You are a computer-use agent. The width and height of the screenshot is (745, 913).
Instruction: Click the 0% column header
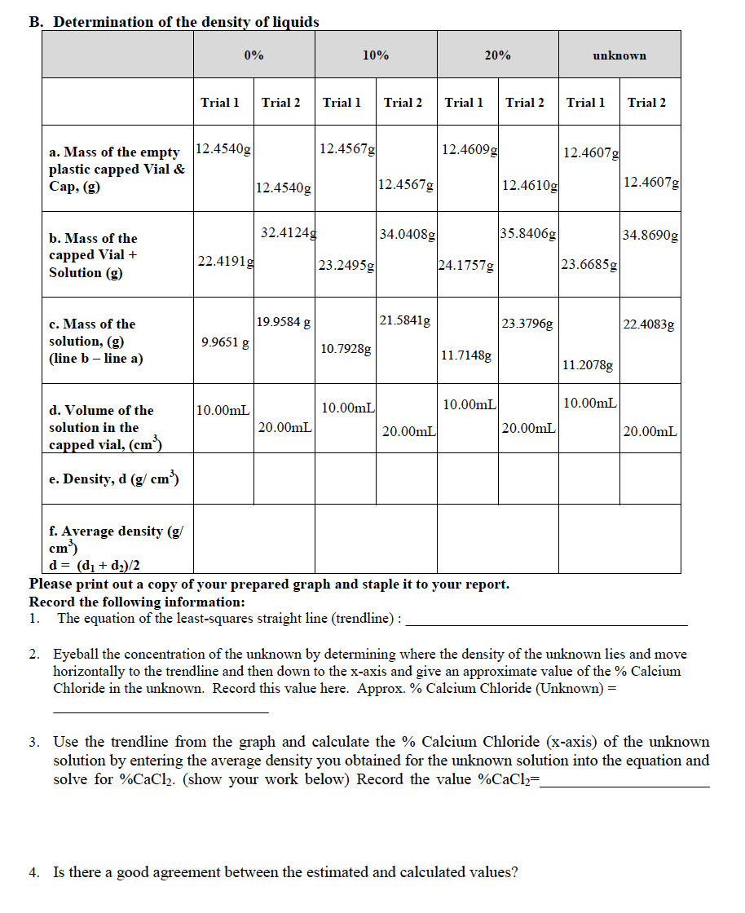[x=253, y=55]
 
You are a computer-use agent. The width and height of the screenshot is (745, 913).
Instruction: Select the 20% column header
[x=497, y=55]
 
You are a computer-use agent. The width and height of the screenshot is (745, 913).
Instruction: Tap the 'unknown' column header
[x=619, y=55]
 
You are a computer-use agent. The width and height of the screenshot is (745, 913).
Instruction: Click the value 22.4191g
[x=224, y=261]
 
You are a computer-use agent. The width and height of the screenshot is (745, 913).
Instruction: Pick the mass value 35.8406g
[x=529, y=234]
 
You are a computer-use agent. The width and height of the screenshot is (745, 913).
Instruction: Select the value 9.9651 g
[x=225, y=342]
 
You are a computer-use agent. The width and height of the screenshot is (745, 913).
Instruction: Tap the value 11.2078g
[x=589, y=364]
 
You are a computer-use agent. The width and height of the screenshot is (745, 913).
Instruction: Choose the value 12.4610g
[x=530, y=186]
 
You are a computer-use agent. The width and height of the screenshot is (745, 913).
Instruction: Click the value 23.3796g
[x=527, y=324]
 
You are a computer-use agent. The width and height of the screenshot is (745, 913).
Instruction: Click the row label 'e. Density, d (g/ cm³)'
[x=114, y=479]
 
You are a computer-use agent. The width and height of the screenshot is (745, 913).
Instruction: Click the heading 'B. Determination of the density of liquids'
[x=174, y=22]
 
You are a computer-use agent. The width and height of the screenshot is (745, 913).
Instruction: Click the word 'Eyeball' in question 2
[x=77, y=654]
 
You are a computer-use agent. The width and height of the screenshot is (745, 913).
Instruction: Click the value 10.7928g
[x=346, y=349]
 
